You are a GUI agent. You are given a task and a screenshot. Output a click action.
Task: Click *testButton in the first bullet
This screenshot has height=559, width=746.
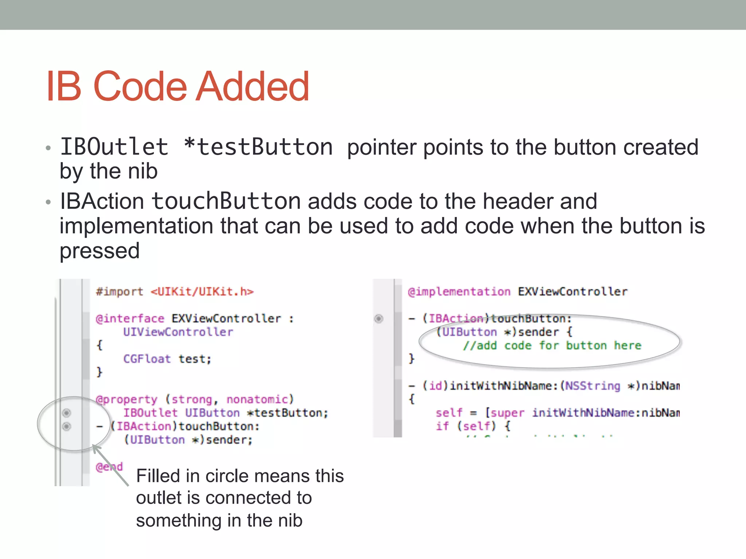[x=258, y=147]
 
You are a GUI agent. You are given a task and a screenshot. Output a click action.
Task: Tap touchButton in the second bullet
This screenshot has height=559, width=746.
[x=226, y=201]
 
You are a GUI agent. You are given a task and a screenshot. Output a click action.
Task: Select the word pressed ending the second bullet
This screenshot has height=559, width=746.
[x=99, y=251]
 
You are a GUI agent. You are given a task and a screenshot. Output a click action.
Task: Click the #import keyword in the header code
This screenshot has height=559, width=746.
[x=119, y=292]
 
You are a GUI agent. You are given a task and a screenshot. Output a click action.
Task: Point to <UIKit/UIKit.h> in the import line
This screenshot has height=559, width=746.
[x=202, y=292]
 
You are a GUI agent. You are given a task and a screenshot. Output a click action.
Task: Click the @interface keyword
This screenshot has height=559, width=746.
[x=130, y=319]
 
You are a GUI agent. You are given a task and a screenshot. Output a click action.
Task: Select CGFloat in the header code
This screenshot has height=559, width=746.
[x=147, y=359]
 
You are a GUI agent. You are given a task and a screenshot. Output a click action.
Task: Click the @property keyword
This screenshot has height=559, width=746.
[x=126, y=400]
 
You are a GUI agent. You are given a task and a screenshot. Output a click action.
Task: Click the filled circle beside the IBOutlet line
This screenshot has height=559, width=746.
[x=67, y=413]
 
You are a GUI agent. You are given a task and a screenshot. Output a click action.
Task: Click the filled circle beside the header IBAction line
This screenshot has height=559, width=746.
[x=67, y=426]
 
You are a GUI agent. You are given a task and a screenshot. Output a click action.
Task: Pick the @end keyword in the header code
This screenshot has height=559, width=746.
[x=109, y=467]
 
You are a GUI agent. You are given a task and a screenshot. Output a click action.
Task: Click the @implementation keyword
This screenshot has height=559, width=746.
[x=459, y=292]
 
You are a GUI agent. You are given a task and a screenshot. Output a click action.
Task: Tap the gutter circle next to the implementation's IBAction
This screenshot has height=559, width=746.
[x=379, y=319]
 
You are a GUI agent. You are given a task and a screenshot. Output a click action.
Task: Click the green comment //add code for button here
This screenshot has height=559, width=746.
[x=552, y=346]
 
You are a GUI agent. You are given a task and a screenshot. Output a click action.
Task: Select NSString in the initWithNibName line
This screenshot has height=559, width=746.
[x=593, y=386]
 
